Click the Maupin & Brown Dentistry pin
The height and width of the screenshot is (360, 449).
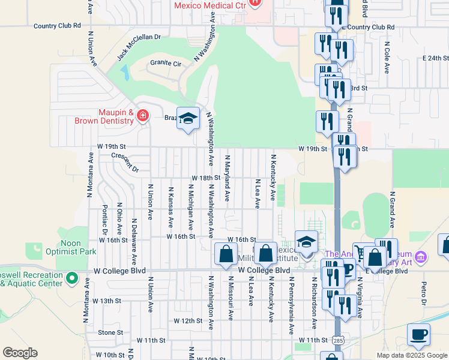click(x=143, y=115)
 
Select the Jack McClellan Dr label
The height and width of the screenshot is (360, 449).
click(x=139, y=47)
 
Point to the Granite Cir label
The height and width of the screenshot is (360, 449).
click(x=166, y=63)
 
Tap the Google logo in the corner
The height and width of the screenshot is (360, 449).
click(x=20, y=353)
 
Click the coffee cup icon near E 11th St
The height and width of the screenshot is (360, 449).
click(x=418, y=335)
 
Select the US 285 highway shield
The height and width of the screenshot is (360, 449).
click(x=338, y=341)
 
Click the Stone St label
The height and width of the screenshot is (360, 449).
click(x=110, y=332)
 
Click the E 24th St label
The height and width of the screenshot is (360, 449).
click(x=436, y=58)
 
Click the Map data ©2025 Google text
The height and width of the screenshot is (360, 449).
click(x=411, y=355)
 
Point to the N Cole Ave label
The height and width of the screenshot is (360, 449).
click(x=387, y=55)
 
